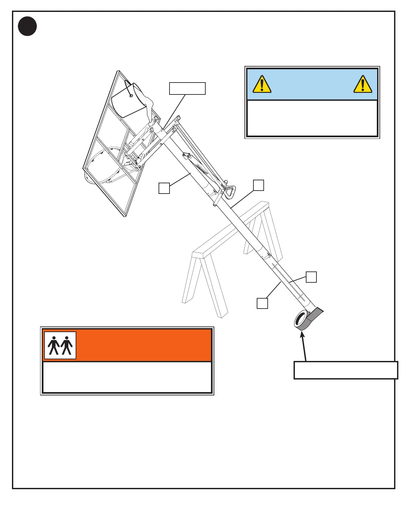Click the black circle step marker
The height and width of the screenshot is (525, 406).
tap(27, 27)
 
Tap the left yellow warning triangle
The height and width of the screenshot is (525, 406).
tap(262, 84)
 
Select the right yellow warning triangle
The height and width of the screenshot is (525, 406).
tap(363, 84)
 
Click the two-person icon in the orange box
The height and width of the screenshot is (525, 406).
tap(60, 345)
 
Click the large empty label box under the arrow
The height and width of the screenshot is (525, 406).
tap(346, 370)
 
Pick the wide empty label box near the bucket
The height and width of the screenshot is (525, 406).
tap(187, 88)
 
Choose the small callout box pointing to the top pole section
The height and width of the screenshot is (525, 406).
tap(164, 188)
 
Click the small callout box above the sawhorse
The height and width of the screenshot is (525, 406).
tap(259, 185)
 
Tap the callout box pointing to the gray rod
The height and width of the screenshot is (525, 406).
tap(311, 277)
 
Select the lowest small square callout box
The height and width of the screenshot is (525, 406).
tap(262, 303)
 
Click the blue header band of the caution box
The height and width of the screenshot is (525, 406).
tap(312, 84)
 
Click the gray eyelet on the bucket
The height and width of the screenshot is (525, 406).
tap(132, 96)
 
